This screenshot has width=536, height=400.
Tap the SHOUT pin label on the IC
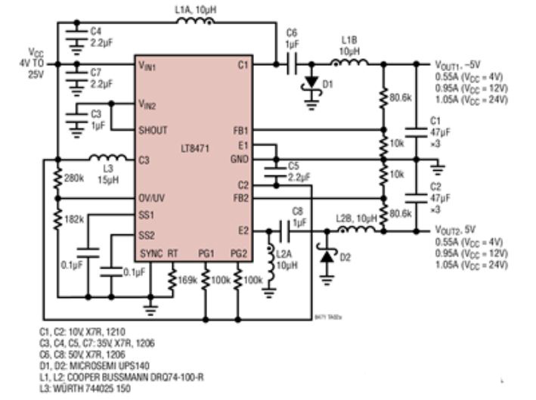tap(154, 130)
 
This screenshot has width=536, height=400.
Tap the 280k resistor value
tap(73, 178)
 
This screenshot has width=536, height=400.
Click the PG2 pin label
tap(238, 253)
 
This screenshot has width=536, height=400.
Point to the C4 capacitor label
tap(95, 32)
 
